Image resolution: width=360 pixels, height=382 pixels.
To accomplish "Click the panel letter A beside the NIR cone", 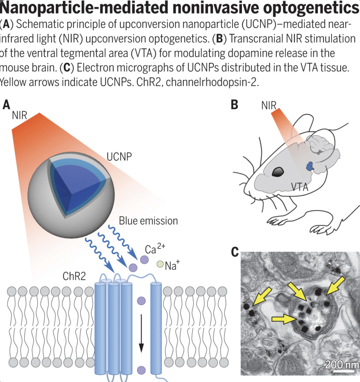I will tap(6, 105).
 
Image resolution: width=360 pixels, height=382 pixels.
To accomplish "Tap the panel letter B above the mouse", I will tap(234, 105).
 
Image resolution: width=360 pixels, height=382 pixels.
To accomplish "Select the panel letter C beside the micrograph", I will tap(235, 252).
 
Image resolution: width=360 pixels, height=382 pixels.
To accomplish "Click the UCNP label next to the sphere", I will tap(119, 157).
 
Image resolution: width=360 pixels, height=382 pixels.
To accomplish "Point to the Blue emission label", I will tap(148, 221).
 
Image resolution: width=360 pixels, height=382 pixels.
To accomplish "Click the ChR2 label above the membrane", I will tap(74, 276).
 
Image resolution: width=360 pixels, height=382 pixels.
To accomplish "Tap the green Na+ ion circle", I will tap(160, 264).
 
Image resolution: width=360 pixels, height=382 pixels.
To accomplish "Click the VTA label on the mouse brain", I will tap(300, 187).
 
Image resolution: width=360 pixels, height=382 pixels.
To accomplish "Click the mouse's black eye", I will tap(278, 171).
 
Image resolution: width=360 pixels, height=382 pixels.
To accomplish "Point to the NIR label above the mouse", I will tap(269, 105).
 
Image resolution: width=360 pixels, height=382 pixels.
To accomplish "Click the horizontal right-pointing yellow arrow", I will tap(283, 318).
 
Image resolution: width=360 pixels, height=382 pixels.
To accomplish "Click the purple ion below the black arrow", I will tap(141, 370).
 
